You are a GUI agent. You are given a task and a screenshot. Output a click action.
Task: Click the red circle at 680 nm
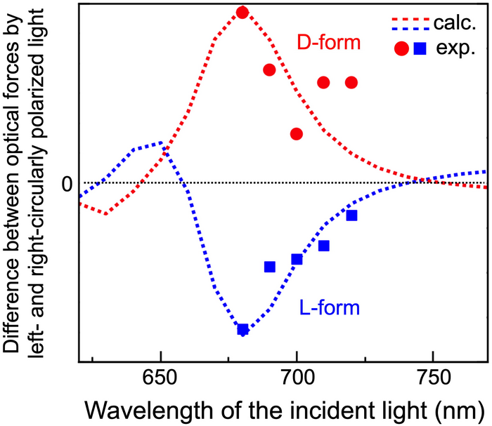[242, 13]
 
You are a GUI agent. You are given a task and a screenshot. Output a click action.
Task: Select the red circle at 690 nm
[269, 69]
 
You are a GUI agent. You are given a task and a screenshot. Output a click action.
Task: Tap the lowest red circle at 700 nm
[297, 133]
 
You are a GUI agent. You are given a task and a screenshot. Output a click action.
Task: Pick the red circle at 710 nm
[323, 82]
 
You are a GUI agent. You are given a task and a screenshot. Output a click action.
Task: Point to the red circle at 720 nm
[351, 82]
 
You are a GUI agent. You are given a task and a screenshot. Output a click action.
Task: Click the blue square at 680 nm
[242, 329]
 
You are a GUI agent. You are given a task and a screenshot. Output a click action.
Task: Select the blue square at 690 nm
[269, 266]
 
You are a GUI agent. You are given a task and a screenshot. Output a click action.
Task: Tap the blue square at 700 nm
[297, 259]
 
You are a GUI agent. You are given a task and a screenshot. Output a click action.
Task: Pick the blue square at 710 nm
[323, 245]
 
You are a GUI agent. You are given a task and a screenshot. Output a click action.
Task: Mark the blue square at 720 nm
[351, 215]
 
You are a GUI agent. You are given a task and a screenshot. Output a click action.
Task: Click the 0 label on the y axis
[67, 184]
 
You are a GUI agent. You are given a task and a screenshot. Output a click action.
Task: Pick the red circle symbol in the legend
[401, 49]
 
